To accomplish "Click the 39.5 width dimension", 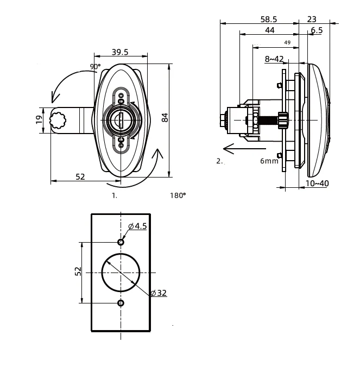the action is coord(120,52).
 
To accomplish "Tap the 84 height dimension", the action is coord(165,118).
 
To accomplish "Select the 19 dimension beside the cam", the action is coord(39,119).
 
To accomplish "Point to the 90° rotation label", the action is coord(95,66).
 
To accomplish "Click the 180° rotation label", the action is coord(178,195).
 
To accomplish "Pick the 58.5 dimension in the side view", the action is coord(269,19).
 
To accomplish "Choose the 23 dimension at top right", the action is coord(312,19).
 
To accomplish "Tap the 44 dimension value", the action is coord(270,30).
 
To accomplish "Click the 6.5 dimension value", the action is coord(317,30).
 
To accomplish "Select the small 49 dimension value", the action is coord(287,43).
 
